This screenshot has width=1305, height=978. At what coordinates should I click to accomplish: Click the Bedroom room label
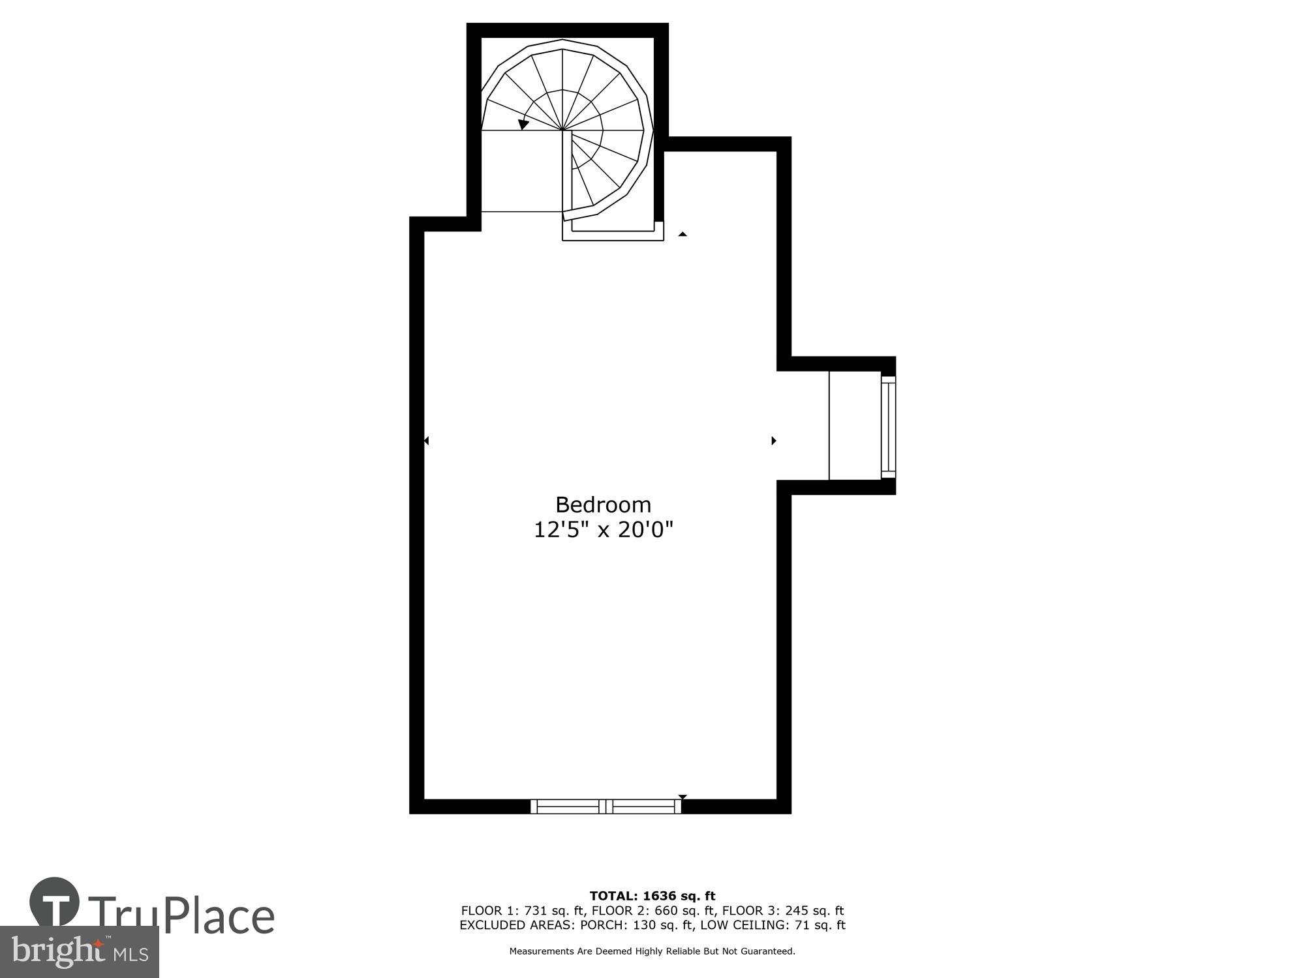point(603,505)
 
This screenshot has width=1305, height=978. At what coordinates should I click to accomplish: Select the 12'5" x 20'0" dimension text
point(603,529)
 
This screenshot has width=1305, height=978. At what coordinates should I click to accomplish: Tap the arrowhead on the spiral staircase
point(523,124)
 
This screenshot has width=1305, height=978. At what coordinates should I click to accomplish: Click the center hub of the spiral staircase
point(562,130)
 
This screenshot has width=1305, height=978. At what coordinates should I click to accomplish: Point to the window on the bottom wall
point(606,807)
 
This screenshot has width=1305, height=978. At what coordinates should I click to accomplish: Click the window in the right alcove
point(888,426)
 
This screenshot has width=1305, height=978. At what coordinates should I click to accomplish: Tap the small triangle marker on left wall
point(426,441)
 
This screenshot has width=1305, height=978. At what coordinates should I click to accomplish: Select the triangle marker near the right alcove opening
point(774,441)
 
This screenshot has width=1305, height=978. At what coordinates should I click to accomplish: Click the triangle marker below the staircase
point(683,233)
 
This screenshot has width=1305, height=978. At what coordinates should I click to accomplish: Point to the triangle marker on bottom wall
point(683,797)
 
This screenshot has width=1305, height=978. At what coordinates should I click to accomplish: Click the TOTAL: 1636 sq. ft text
point(652,896)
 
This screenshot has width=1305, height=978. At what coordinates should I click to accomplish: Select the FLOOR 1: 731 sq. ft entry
point(522,911)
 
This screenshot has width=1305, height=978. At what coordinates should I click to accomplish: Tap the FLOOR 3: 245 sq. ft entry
point(783,911)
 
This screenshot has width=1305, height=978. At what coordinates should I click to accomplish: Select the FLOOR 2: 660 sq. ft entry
point(652,911)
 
